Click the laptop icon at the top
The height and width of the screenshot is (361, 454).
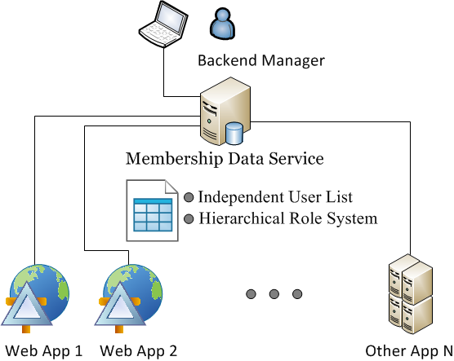click(163, 24)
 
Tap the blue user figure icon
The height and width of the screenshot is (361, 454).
click(222, 24)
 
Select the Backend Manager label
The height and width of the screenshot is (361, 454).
click(261, 60)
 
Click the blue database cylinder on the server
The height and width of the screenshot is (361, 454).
click(234, 134)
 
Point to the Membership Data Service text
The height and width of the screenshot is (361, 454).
click(225, 159)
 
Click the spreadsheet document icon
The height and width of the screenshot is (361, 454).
click(152, 210)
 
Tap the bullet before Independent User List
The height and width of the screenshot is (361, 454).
click(189, 197)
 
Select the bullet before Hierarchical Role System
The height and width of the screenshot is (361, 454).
click(189, 218)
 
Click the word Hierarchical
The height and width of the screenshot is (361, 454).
click(242, 218)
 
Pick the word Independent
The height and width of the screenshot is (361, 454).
click(241, 197)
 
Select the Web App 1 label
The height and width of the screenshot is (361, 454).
click(44, 351)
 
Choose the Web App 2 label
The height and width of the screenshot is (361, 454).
click(138, 351)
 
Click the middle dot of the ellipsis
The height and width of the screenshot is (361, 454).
click(274, 294)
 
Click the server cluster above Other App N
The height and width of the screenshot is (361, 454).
click(411, 294)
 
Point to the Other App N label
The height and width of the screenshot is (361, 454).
click(409, 351)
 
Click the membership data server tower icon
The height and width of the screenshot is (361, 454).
click(225, 111)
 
